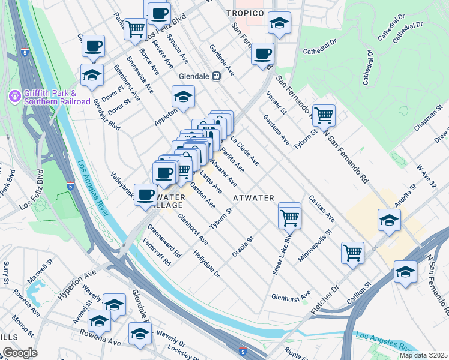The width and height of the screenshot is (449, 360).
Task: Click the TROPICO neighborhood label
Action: point(245,13)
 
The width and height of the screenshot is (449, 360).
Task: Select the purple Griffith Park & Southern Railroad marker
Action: point(14,96)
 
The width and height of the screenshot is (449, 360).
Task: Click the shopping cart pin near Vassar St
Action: point(324,114)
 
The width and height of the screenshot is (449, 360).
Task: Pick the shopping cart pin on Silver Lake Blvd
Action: point(289,216)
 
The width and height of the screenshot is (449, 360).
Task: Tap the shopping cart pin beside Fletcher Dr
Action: point(352,251)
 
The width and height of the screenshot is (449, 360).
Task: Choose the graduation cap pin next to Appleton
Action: point(184,96)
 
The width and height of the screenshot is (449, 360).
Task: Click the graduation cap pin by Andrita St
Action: point(389,220)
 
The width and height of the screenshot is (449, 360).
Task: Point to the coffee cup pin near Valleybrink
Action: point(146,194)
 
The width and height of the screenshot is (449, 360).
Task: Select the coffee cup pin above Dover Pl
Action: point(92,46)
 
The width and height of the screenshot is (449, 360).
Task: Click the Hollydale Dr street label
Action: point(207,263)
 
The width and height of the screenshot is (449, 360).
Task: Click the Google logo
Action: point(20,353)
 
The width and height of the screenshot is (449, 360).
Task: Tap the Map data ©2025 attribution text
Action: point(423,355)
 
